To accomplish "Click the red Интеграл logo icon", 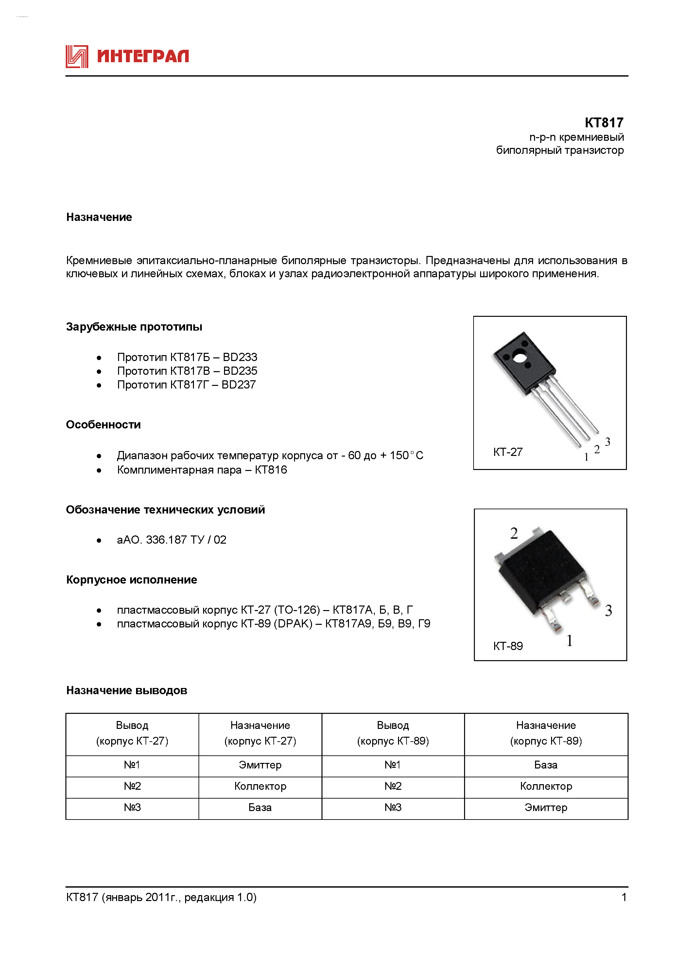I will click(x=77, y=56).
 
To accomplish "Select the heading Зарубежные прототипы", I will click(x=134, y=327).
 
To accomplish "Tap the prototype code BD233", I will click(x=240, y=357).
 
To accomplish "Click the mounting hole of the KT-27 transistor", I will click(x=519, y=357).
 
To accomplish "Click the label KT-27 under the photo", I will click(x=507, y=452).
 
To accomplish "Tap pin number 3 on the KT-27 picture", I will click(x=607, y=442).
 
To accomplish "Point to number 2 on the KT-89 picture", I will click(x=514, y=533).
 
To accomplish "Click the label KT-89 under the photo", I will click(x=507, y=646).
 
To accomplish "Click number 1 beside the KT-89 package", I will click(x=569, y=641).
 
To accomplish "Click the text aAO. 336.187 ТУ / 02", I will click(x=171, y=540).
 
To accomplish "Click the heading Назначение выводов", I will click(x=127, y=691).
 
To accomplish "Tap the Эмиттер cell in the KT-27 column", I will click(x=260, y=765).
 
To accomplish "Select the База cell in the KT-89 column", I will click(x=546, y=765).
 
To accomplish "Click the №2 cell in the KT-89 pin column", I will click(x=393, y=786).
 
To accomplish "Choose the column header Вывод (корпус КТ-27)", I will click(x=132, y=733).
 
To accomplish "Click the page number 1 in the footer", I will click(x=624, y=897).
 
